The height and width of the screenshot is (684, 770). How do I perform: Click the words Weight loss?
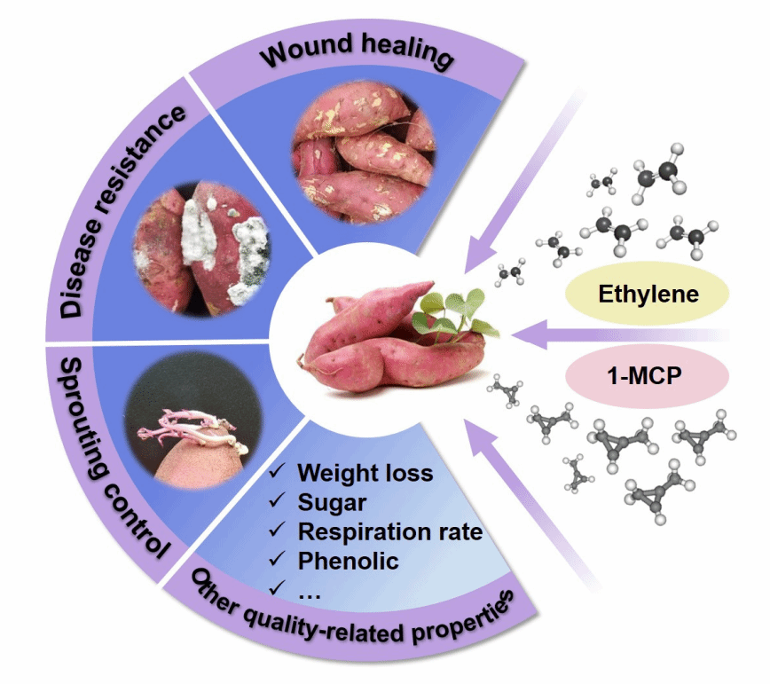tap(365, 472)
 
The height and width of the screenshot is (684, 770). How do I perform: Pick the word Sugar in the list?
tap(332, 502)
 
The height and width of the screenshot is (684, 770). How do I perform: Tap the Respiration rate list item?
tap(389, 531)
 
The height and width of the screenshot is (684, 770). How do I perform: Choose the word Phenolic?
tap(348, 561)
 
